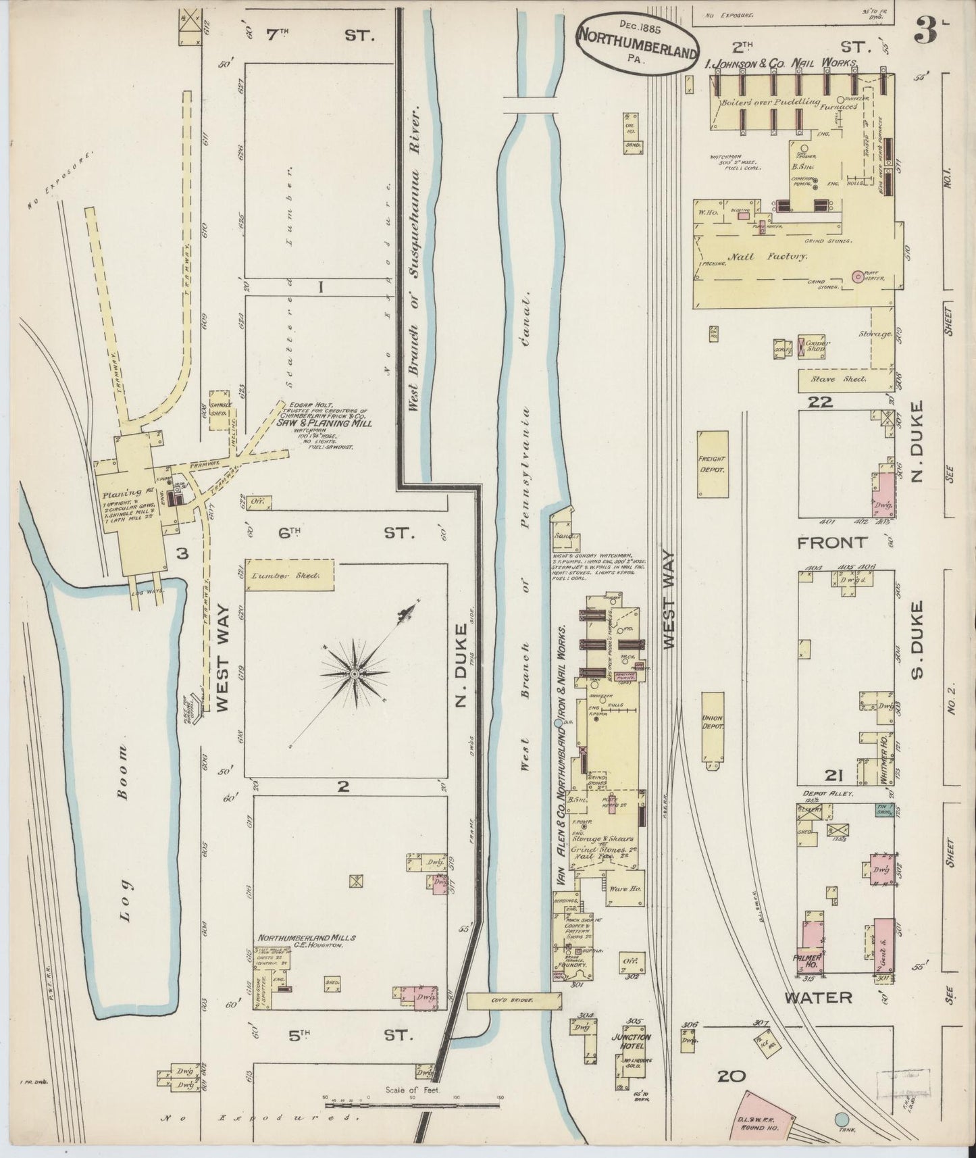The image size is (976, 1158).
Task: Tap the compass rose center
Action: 354,674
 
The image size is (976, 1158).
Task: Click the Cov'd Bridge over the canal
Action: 513,999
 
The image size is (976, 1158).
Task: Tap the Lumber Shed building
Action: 289,576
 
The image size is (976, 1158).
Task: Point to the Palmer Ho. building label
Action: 813,959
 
